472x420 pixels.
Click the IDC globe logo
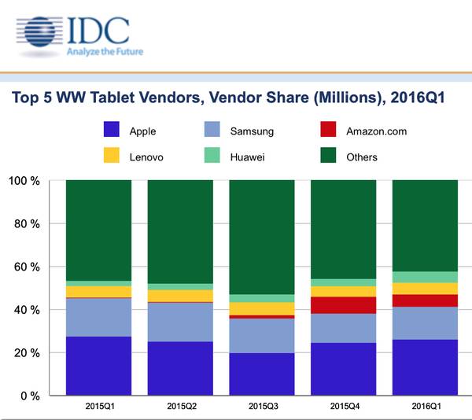click(42, 36)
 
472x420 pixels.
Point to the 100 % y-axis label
click(24, 181)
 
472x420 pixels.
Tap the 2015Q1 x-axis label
click(99, 407)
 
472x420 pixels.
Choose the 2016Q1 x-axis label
click(424, 407)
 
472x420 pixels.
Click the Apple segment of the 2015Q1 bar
click(99, 366)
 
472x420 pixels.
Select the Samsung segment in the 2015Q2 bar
click(180, 322)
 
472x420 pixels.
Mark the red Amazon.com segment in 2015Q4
click(343, 305)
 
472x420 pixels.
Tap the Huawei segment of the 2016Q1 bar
click(424, 277)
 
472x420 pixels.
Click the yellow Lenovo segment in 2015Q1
click(99, 292)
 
